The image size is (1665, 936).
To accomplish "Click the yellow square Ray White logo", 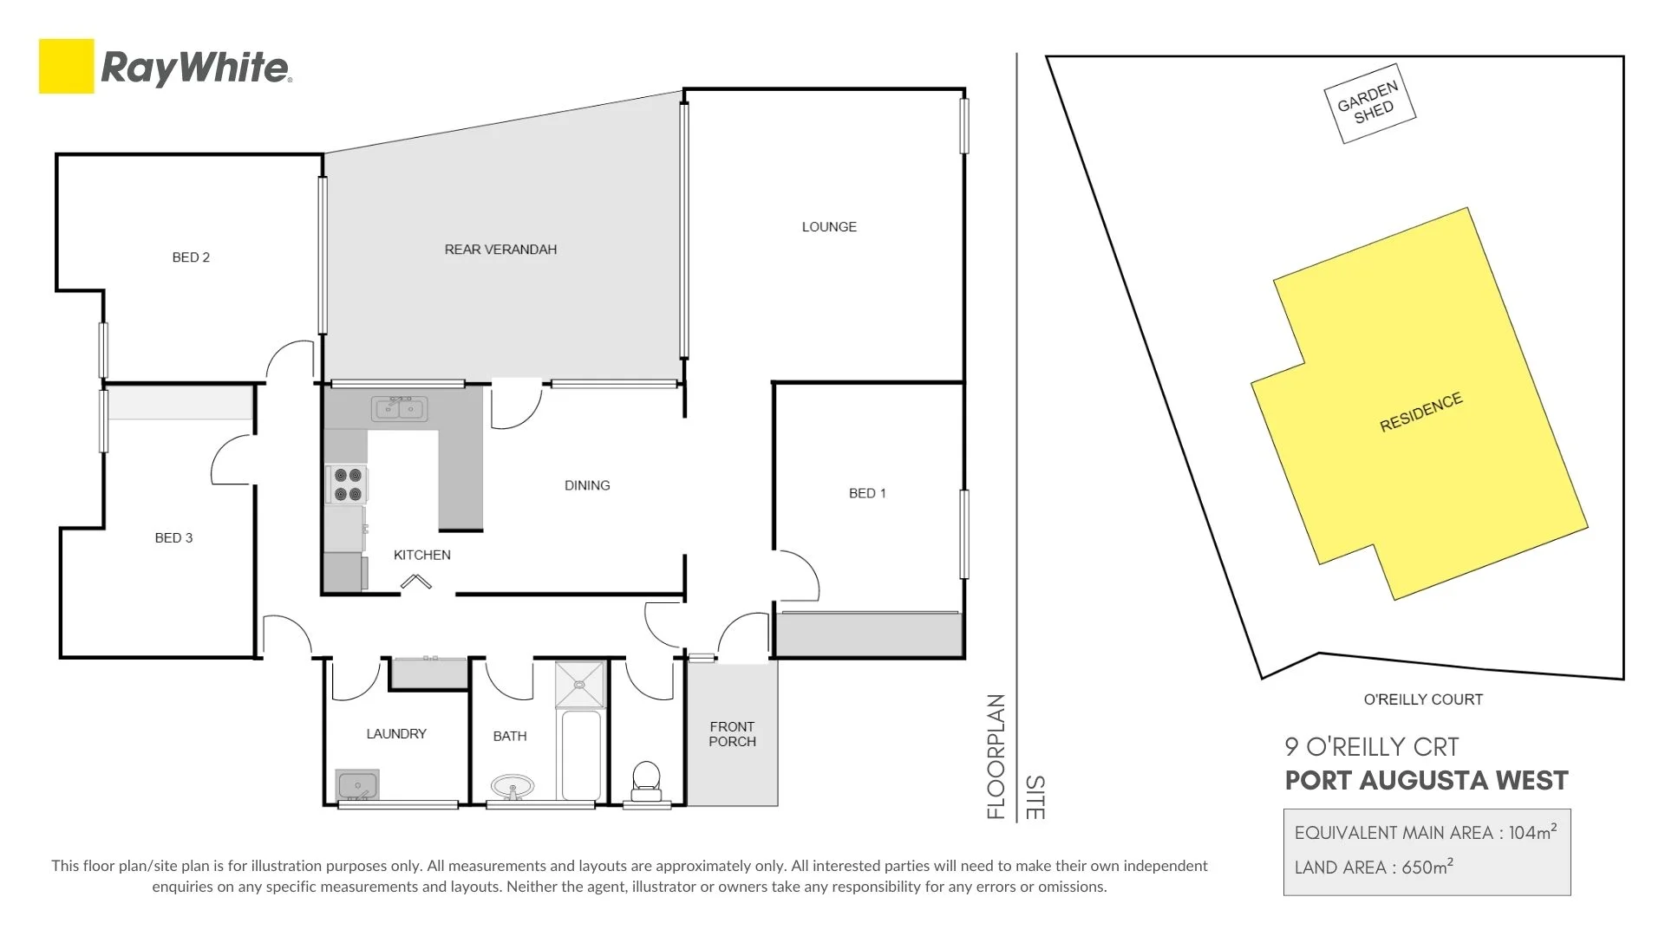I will [66, 66].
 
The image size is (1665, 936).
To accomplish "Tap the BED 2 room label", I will [191, 257].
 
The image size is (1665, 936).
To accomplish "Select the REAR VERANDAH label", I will [500, 250].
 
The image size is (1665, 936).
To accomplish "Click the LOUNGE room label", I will [829, 227].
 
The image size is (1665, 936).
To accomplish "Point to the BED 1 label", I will [867, 493].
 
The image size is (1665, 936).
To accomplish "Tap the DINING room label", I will [587, 485].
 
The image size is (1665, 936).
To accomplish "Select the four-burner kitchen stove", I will [347, 484].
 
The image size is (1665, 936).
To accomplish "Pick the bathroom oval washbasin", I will [513, 787].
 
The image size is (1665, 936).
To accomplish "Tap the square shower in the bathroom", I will [579, 684].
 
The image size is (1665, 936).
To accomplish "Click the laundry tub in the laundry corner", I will [356, 785].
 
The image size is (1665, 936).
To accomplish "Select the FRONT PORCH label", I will [732, 734].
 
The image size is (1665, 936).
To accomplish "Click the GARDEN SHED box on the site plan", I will [1369, 103].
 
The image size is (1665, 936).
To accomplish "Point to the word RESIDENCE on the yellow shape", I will [1420, 413].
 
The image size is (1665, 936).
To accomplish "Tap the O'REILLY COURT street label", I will [1423, 699].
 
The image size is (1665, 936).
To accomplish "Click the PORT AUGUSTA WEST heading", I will [1427, 781].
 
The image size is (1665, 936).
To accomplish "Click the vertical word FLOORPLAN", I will [996, 756].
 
